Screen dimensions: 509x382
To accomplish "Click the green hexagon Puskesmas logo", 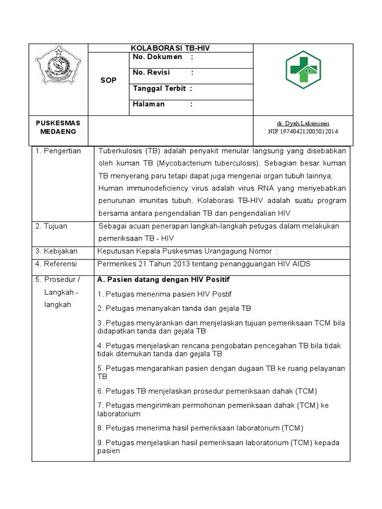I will click(x=303, y=70).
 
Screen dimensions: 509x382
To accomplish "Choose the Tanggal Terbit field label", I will click(x=159, y=88).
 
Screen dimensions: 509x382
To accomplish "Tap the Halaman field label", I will click(x=149, y=104).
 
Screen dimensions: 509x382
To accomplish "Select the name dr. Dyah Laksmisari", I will click(x=303, y=123).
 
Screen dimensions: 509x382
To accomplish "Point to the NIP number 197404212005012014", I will click(x=303, y=131).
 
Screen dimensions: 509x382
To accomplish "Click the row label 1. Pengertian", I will click(x=58, y=151).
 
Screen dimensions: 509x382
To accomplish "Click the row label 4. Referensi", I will click(x=57, y=264).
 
